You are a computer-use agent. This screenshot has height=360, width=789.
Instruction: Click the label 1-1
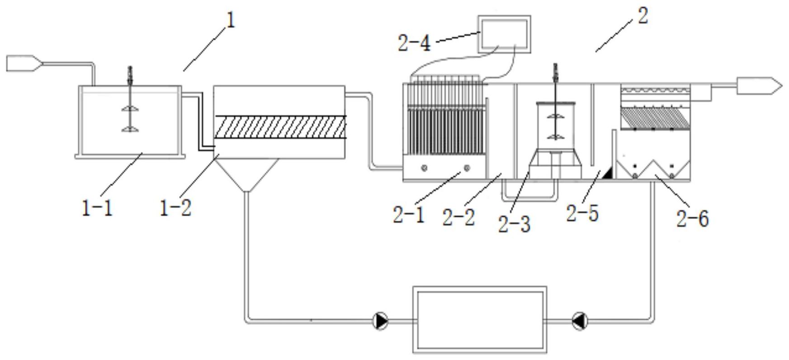pos(97,208)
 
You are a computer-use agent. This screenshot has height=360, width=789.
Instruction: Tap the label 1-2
pos(176,208)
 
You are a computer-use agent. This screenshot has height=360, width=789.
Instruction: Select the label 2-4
pos(414,44)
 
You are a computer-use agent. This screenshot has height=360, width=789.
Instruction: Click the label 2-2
pos(458,218)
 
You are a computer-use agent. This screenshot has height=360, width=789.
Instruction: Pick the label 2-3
pos(514,224)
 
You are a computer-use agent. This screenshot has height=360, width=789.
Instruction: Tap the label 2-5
pos(582,213)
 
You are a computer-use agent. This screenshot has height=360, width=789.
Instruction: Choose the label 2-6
pos(692,218)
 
